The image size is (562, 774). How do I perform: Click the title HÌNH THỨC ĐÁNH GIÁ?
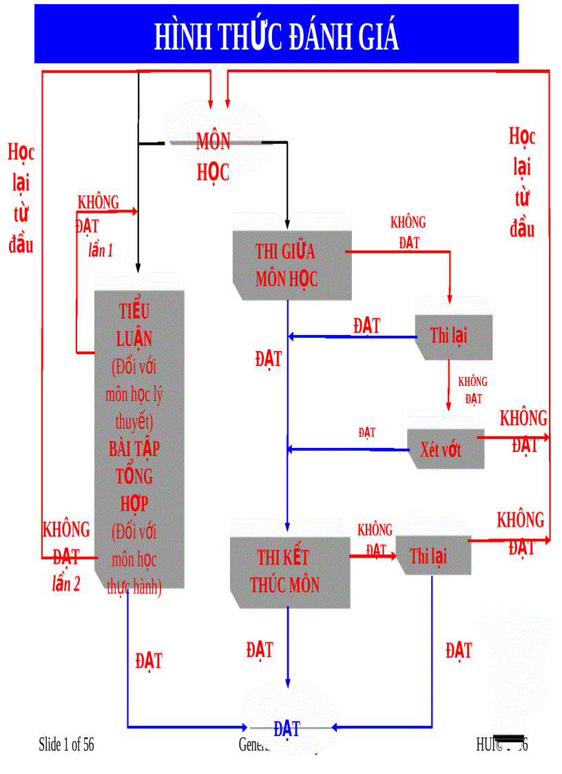276,36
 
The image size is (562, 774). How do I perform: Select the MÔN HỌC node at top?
214,156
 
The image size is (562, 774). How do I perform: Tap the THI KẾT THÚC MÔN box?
285,571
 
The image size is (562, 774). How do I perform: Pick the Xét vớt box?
441,450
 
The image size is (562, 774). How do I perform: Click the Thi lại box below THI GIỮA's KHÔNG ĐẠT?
449,336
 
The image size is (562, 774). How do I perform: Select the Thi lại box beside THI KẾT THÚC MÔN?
429,556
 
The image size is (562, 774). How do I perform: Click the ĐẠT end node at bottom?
287,729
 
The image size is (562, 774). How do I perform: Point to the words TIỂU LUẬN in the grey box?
134,325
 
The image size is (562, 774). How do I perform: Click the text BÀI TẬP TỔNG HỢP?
134,476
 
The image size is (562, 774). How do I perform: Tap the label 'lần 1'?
101,251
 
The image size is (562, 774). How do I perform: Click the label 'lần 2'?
66,584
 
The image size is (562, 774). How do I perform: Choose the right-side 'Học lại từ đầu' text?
522,183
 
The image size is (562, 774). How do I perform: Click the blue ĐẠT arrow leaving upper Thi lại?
351,337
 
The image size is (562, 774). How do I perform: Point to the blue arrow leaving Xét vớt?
348,449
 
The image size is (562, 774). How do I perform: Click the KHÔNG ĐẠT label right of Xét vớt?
523,431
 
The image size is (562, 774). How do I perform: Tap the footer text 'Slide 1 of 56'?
66,744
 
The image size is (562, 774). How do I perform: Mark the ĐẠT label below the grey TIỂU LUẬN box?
149,660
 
